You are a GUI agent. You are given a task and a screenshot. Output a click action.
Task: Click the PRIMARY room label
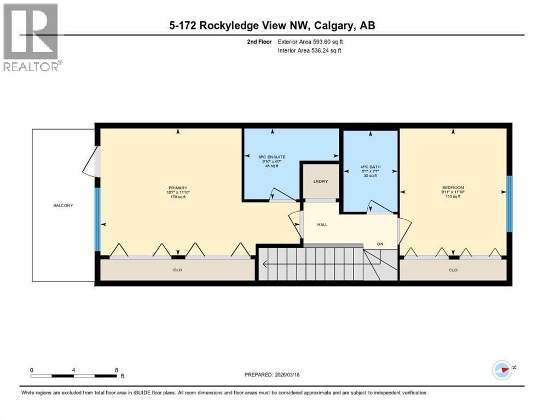click(177, 188)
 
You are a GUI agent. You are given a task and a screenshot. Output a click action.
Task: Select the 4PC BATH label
click(371, 167)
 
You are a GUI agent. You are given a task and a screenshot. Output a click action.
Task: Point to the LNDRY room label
click(321, 180)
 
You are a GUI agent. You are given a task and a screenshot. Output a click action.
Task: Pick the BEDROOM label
click(453, 188)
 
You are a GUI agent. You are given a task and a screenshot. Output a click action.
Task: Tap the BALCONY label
click(63, 206)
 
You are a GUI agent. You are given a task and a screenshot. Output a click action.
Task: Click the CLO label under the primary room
click(177, 270)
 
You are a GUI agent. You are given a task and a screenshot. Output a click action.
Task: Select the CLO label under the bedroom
click(453, 270)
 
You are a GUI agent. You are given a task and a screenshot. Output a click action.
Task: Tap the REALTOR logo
click(32, 37)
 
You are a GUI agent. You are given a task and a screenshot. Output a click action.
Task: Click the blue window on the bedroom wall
click(508, 204)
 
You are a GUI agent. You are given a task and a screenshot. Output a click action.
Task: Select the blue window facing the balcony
click(98, 219)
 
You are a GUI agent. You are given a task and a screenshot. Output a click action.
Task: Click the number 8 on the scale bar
click(117, 370)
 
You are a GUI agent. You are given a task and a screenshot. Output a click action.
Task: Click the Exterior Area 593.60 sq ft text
click(311, 42)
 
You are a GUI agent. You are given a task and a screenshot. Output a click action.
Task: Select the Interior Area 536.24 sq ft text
click(311, 51)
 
